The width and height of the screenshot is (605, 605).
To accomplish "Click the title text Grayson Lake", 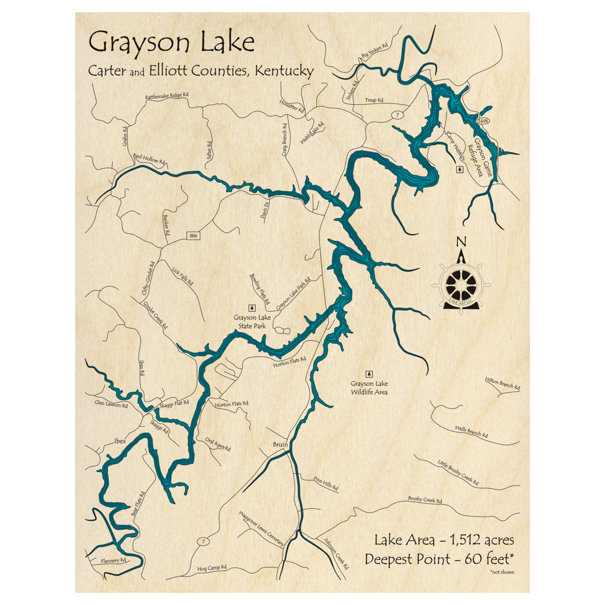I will coord(171,44).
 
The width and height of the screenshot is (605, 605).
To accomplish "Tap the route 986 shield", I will coord(193,234).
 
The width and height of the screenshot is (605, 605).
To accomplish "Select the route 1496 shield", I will coord(483,122).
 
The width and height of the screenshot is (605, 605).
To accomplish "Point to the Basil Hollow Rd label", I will coord(149,160).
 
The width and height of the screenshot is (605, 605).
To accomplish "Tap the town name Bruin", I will coord(280,444).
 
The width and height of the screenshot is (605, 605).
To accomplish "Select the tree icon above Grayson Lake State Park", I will coord(253,308).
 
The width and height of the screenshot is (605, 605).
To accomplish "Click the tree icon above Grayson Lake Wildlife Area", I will coord(369,374).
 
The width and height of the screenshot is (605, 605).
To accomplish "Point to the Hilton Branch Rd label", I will coord(502,383).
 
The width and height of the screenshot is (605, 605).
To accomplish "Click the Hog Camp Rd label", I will coord(212,568).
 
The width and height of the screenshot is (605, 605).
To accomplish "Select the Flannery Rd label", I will coord(113,560).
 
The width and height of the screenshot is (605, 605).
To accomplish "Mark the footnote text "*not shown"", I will coord(502,571).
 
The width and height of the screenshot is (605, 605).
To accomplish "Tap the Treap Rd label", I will coord(375,100).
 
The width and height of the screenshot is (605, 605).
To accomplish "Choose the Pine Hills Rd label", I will coord(326,483).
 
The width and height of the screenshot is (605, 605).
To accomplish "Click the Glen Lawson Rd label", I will coord(111,404).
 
